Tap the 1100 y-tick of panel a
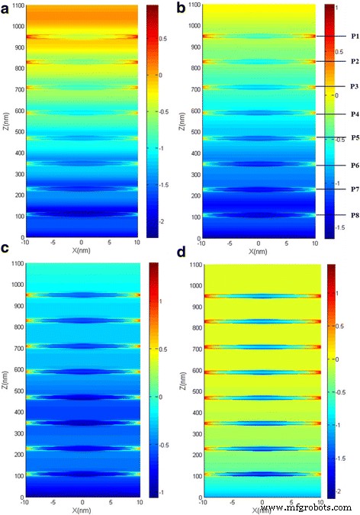pos(16,6)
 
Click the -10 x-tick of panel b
pos(200,246)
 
